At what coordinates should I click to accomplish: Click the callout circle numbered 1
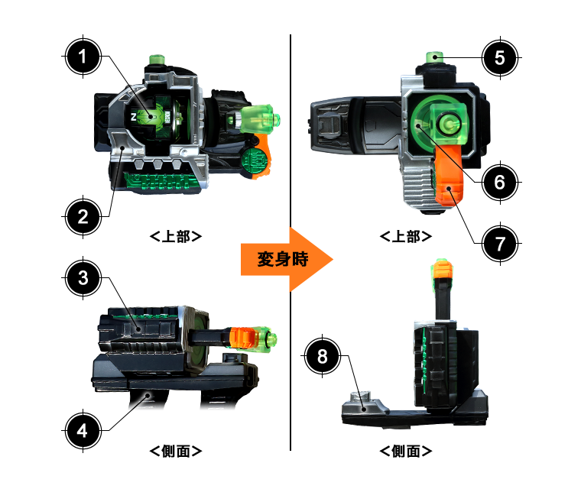[83, 57]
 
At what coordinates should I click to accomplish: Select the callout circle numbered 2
[83, 217]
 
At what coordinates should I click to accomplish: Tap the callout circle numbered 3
[83, 278]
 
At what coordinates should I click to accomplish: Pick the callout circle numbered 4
[83, 431]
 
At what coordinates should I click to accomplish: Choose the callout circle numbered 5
[500, 58]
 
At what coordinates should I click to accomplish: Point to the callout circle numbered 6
[500, 183]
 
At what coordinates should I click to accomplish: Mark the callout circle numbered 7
[500, 244]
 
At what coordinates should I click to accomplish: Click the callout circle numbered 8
[322, 356]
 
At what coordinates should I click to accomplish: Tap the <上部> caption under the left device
[176, 236]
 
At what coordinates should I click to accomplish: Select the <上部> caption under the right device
[406, 236]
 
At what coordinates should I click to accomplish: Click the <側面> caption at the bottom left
[176, 452]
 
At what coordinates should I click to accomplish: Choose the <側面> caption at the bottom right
[406, 452]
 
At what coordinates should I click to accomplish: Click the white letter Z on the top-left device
[133, 117]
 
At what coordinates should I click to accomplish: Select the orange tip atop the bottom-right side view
[443, 270]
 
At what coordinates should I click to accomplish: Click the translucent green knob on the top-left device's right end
[259, 119]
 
